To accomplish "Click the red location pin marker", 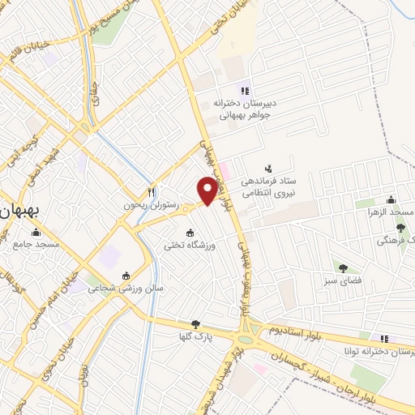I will tap(207, 189).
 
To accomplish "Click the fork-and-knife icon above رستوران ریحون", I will tap(151, 192).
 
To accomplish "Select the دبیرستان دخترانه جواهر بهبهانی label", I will tap(246, 109).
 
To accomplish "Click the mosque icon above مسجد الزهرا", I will tap(391, 199).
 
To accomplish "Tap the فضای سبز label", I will tap(344, 280).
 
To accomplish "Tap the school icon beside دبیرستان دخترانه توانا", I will tap(384, 338).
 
